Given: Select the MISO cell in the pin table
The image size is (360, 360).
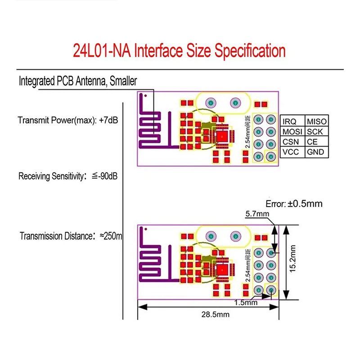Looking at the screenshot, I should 316,121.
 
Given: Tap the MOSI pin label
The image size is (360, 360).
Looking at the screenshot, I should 292,132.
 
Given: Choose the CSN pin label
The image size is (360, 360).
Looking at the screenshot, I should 291,142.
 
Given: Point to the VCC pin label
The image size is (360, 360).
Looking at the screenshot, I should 291,153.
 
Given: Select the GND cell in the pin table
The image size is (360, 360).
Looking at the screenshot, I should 315,153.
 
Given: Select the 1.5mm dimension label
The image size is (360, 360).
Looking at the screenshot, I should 247,303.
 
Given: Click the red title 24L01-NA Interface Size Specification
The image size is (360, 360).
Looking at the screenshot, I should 179,50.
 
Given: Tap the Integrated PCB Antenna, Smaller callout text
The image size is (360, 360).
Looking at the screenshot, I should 77,81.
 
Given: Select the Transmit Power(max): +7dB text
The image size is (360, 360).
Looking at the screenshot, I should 67,121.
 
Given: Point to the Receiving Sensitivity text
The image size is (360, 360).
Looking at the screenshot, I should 68,176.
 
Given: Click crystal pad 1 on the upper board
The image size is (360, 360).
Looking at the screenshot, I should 211,103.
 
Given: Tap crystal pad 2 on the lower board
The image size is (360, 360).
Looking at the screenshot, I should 234,236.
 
